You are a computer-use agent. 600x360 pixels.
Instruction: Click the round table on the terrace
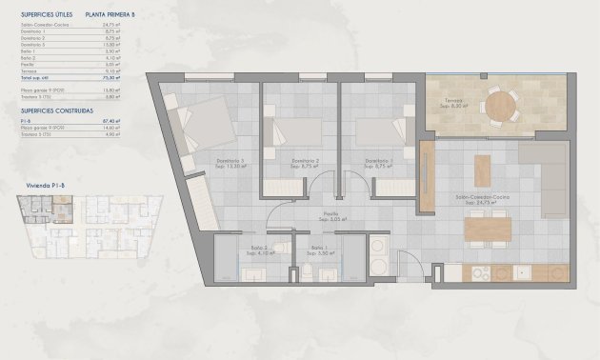click(x=498, y=103)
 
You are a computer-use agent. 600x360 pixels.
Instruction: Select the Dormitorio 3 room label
click(x=231, y=162)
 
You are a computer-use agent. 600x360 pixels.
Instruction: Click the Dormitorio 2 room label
click(x=304, y=162)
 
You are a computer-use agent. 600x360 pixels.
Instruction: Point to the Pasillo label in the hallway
click(x=330, y=214)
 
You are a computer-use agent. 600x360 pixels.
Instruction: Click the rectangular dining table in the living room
click(x=487, y=230)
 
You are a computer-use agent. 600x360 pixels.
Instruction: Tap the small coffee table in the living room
click(x=483, y=169)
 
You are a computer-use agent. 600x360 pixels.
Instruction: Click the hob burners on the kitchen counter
click(x=476, y=273)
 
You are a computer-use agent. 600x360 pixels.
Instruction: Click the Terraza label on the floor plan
click(x=451, y=103)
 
